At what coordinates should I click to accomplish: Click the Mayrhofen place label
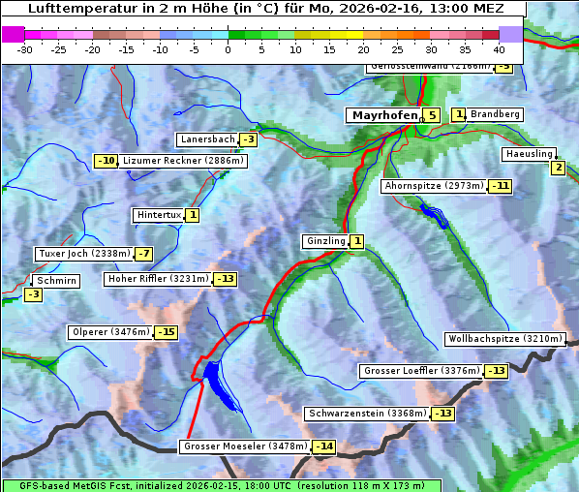coord(383,115)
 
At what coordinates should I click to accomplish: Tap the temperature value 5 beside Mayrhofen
coord(431,115)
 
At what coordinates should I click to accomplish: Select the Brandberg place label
coord(495,114)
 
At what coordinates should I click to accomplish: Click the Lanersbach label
coord(207,139)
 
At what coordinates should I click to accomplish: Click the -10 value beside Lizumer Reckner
coord(106,161)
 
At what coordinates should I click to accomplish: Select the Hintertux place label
coord(159,215)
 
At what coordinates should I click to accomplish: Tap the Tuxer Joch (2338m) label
coord(83,254)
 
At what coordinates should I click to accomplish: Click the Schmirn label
coord(57,280)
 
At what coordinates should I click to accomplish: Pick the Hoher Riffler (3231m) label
coord(157,279)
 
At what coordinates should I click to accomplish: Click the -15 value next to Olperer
coord(167,332)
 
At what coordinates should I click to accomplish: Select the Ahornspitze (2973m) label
coord(434,185)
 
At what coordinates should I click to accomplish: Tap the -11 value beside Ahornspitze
coord(500,185)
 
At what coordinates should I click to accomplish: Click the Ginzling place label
coord(325,241)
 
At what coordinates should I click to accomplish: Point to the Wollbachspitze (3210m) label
coord(503,339)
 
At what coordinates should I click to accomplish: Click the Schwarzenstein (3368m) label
coord(366,414)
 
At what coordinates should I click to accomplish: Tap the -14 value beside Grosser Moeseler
coord(323,446)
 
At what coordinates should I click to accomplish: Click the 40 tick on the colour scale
coord(499,48)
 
